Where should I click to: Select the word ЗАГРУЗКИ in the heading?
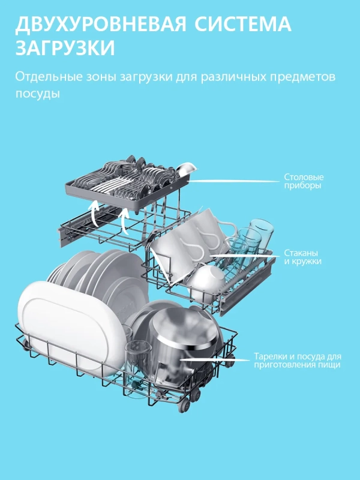click(x=65, y=49)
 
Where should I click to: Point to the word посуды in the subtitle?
click(x=38, y=94)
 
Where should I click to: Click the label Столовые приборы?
click(x=303, y=182)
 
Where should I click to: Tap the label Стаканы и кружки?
click(x=302, y=257)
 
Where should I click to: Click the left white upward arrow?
click(x=94, y=211)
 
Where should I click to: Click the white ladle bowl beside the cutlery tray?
click(x=187, y=168)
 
